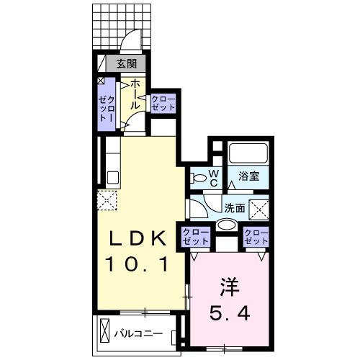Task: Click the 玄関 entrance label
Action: [127, 64]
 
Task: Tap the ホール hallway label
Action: [134, 94]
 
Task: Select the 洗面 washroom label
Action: [235, 208]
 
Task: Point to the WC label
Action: [214, 177]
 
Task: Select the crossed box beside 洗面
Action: [258, 210]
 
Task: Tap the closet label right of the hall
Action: [163, 102]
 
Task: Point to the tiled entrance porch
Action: [120, 25]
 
